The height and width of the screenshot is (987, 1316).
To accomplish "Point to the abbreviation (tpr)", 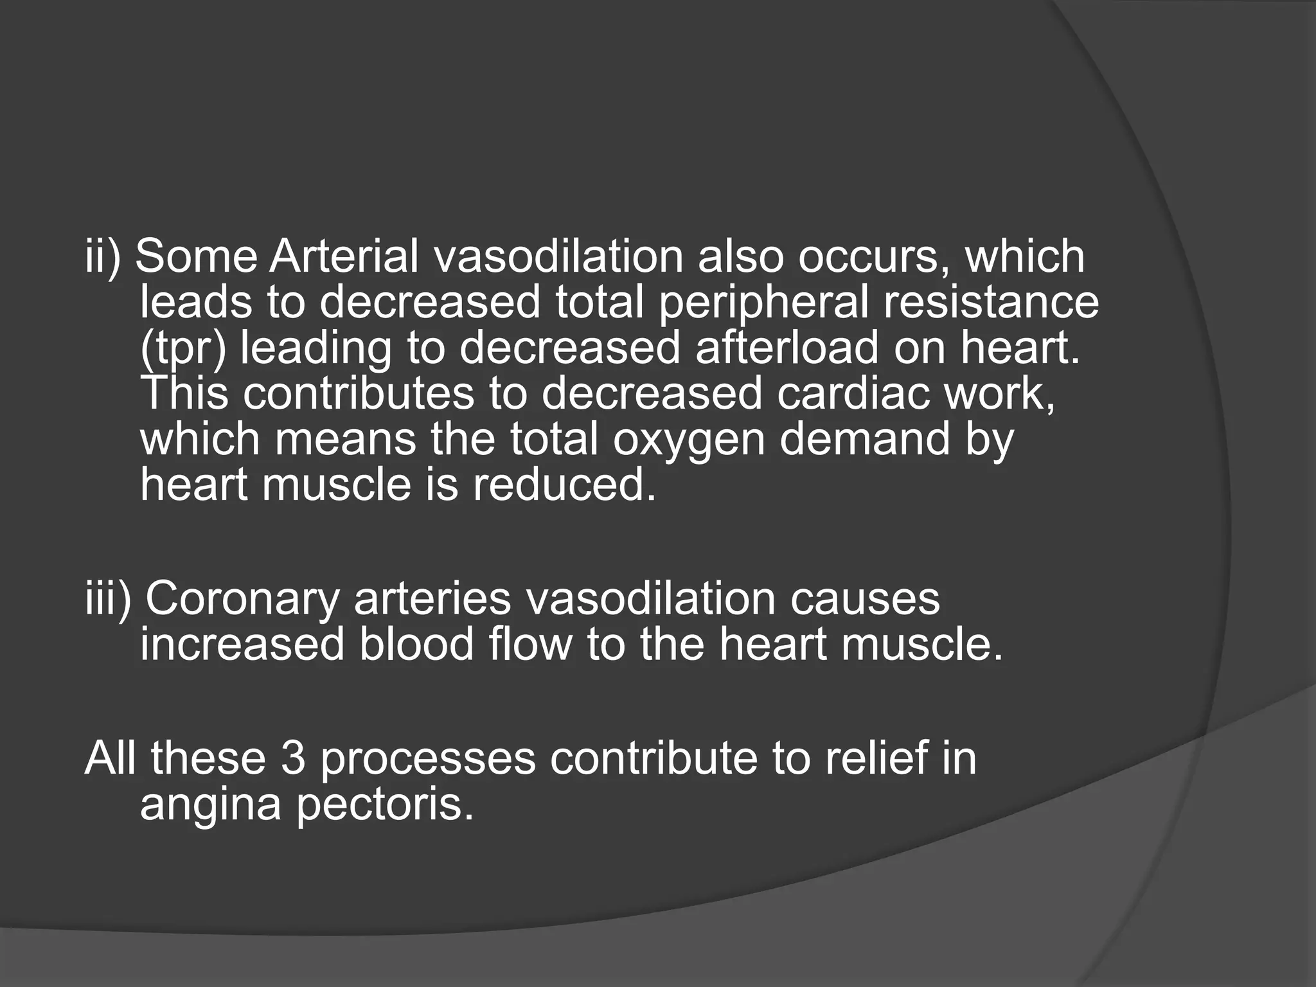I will pos(183,348).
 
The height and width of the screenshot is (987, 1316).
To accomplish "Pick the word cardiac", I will pos(852,393).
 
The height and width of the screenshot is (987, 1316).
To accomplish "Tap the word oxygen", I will pos(688,440).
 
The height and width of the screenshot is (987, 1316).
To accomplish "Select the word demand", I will pos(864,439).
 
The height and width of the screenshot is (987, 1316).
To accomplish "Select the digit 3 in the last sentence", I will pos(293,758).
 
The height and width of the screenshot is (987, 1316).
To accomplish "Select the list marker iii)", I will pos(108,599).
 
